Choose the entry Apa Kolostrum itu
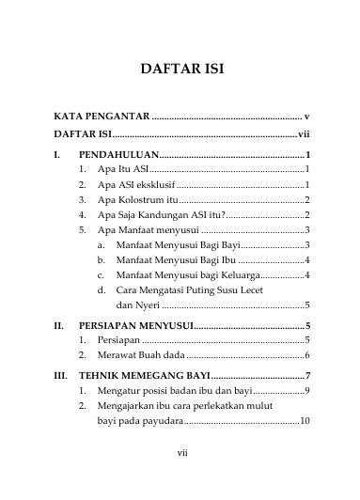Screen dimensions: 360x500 pyautogui.click(x=137, y=199)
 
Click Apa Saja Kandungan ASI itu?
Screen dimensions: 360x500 pyautogui.click(x=157, y=214)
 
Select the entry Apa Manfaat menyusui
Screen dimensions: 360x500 pyautogui.click(x=147, y=229)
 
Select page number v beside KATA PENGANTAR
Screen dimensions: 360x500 pyautogui.click(x=307, y=116)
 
